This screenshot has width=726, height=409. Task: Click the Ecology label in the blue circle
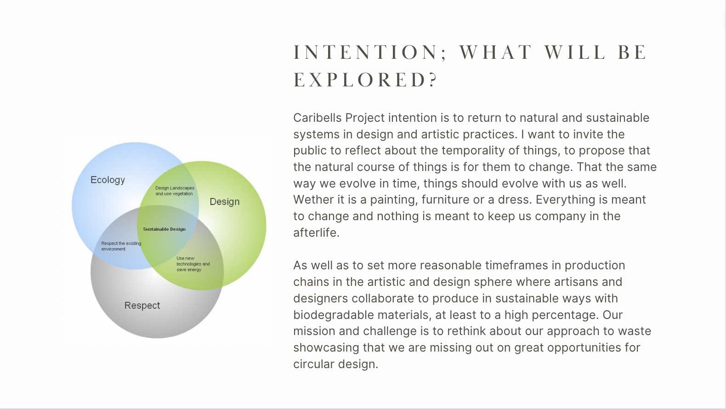point(108,180)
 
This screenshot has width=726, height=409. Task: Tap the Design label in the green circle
point(225,202)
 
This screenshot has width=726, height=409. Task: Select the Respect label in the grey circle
point(142,306)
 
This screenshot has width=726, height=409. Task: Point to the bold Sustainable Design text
point(164,229)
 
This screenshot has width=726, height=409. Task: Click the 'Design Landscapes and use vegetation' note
point(175,191)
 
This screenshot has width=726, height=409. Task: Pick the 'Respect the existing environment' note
point(121,246)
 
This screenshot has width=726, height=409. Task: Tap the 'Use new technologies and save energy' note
point(193,264)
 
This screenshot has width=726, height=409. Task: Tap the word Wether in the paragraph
point(313,199)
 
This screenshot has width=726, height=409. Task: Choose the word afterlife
point(316,233)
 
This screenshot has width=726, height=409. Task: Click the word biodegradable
point(334,315)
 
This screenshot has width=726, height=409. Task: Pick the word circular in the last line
point(314,364)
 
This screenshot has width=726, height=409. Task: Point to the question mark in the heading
point(433,80)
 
